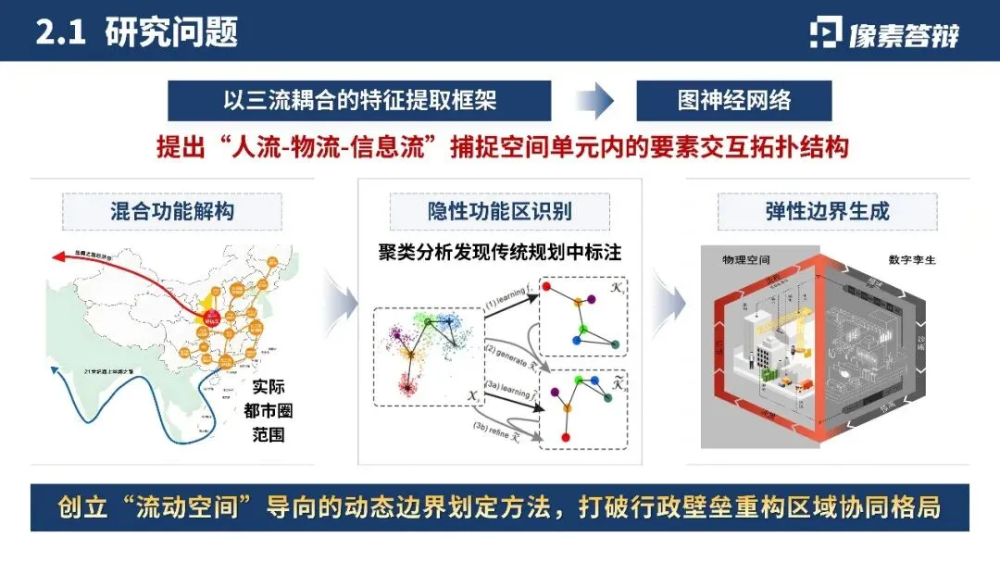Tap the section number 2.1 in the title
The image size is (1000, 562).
coord(60,31)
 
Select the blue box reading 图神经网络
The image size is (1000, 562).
coord(734,100)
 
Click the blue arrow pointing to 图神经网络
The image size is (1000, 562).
coord(594,100)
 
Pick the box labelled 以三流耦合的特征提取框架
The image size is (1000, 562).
coord(359,100)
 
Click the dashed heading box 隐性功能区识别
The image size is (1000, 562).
coord(500,211)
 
